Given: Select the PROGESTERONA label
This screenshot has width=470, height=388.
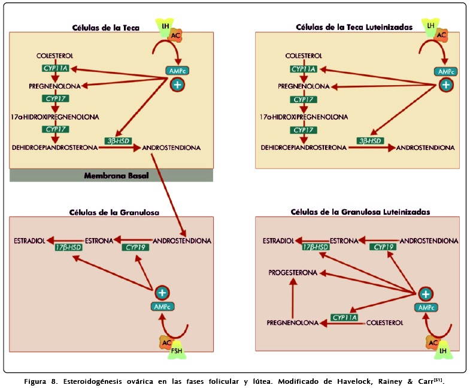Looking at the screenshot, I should pyautogui.click(x=293, y=272).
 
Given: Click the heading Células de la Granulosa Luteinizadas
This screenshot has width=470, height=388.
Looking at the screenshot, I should pyautogui.click(x=360, y=212).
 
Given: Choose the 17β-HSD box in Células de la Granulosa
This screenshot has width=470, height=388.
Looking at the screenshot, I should pyautogui.click(x=68, y=247).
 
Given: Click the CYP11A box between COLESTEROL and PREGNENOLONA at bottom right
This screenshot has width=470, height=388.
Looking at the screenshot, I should pyautogui.click(x=344, y=317).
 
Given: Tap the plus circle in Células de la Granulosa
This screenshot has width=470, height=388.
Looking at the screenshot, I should pyautogui.click(x=162, y=293).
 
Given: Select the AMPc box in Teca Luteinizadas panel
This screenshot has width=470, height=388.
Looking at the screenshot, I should pyautogui.click(x=445, y=71).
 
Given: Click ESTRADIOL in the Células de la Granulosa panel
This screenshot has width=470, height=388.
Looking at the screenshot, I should pyautogui.click(x=30, y=241).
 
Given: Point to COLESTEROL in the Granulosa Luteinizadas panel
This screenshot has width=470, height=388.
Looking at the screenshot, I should pyautogui.click(x=384, y=323).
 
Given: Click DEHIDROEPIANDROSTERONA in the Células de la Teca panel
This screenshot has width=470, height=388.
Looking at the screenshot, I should pyautogui.click(x=55, y=147).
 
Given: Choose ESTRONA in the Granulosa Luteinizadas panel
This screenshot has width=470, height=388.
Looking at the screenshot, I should pyautogui.click(x=344, y=241).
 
